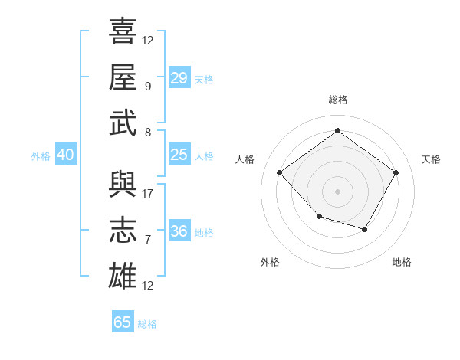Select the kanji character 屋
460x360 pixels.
coord(123,77)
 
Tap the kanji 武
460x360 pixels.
coord(123,123)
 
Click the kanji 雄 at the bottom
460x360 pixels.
coord(123,276)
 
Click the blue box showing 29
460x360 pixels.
coord(179,78)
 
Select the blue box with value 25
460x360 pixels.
coord(179,155)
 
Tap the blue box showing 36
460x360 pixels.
coord(179,232)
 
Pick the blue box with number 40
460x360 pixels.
coord(66,155)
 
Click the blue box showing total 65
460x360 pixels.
coord(123,322)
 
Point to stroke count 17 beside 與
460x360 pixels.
coord(148,194)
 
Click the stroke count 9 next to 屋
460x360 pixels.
coord(148,87)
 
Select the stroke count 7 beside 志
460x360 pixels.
coord(148,240)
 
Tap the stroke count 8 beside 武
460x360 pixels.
coord(148,133)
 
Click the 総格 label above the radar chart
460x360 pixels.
coord(337,100)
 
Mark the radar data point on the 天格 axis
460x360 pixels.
coord(396,172)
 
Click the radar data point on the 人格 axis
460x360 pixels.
coord(280,172)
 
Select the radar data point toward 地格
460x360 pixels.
coord(365,229)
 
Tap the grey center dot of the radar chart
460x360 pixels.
coord(337,191)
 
